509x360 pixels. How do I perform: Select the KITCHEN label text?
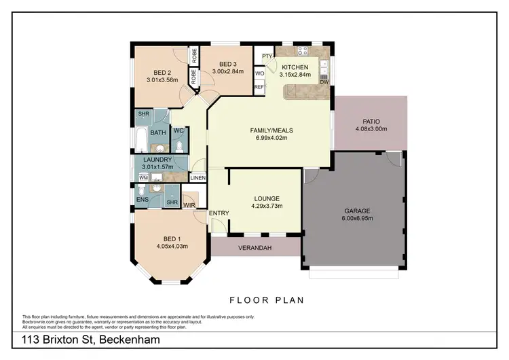(x=295, y=67)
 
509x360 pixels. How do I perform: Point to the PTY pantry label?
(x=266, y=56)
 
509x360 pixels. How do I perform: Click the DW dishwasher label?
(x=324, y=82)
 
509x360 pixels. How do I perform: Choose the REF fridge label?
(x=259, y=87)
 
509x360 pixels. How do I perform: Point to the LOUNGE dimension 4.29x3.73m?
(x=266, y=206)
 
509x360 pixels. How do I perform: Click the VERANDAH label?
(x=255, y=249)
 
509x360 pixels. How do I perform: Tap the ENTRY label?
(x=219, y=213)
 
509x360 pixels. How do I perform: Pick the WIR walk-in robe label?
(x=189, y=204)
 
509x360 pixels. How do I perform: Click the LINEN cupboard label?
(x=197, y=178)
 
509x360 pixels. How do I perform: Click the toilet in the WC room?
(x=178, y=146)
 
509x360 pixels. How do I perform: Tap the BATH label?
(x=158, y=132)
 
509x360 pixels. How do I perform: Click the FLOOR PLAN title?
(x=265, y=300)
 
